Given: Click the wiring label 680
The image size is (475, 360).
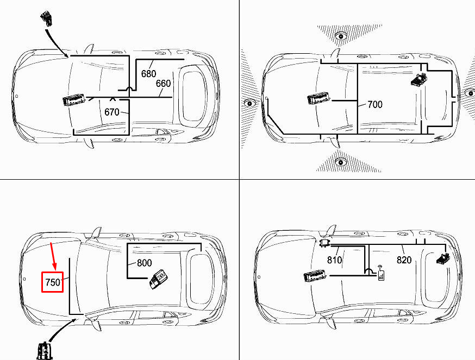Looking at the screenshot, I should pos(149,74).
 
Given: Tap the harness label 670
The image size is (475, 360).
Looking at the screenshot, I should pos(112,112).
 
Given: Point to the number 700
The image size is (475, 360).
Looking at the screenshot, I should pos(375,104).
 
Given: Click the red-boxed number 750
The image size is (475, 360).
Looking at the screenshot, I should pos(53,282).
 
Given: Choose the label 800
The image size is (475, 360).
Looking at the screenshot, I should pos(144,263).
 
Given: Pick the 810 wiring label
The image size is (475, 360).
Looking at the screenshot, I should pos(335,260).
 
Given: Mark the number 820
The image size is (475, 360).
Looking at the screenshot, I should pos(404,260).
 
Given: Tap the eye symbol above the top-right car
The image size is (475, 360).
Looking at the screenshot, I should pos(341,36).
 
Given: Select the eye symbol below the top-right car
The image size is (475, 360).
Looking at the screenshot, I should pos(341,162).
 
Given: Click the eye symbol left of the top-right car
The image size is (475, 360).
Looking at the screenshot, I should pos(249,103).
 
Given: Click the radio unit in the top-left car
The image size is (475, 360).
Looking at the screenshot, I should pos(74,101).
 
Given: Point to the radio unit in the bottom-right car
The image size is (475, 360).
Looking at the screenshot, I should pos(314,276).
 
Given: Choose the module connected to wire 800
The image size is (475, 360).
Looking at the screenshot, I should pos(160,279).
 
